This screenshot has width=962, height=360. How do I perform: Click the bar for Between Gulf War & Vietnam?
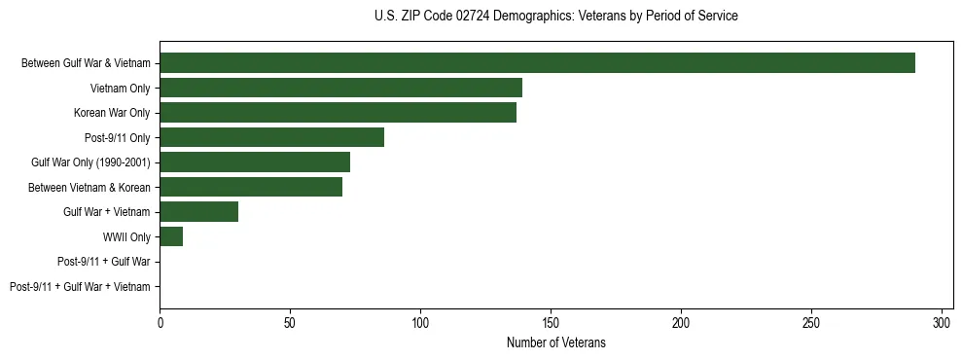[537, 63]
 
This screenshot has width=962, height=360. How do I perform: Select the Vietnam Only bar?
[340, 88]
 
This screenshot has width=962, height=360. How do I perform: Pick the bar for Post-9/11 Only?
[271, 137]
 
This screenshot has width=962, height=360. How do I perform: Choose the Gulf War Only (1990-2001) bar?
[255, 162]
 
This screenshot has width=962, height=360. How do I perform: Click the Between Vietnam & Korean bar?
[251, 187]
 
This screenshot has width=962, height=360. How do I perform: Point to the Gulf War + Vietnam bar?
[198, 212]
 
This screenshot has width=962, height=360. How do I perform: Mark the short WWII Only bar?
[171, 236]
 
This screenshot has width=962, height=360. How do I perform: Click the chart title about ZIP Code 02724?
[555, 17]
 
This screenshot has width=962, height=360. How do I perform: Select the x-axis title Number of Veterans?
[555, 342]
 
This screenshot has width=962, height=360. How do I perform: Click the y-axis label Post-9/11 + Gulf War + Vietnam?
[80, 287]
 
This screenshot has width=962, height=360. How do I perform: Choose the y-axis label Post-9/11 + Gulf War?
[104, 262]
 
